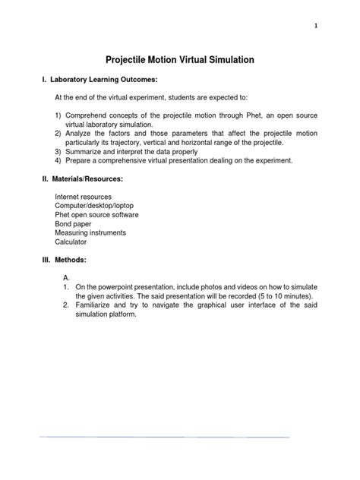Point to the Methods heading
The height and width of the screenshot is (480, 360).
tap(68, 260)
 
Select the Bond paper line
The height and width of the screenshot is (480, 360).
tap(73, 225)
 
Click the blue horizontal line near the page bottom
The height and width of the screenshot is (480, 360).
tap(165, 437)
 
